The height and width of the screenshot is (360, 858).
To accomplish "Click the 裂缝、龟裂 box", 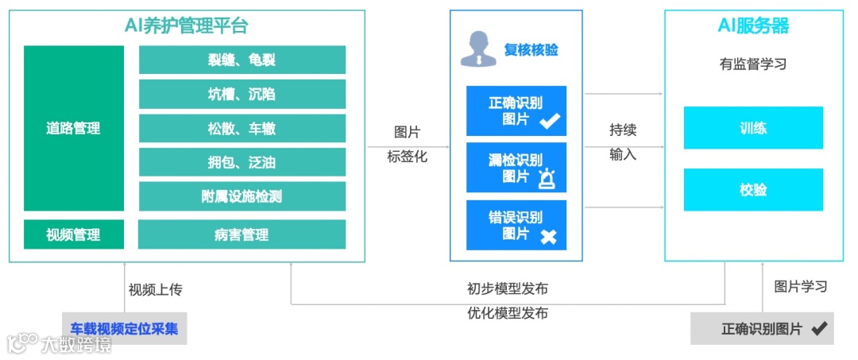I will click(x=242, y=60).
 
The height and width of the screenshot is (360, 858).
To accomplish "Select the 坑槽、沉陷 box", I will click(x=242, y=94).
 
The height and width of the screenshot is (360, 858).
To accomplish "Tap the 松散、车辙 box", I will click(x=242, y=128).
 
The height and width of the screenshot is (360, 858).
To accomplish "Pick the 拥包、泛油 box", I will click(x=242, y=162).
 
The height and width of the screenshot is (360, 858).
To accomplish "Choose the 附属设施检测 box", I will click(x=242, y=196).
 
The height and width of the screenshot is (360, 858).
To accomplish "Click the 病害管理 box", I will click(x=242, y=234).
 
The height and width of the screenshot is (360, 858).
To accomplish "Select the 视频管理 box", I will click(x=73, y=234).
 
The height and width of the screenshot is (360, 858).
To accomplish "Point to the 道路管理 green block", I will click(x=73, y=128).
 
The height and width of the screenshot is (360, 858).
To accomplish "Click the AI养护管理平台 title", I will click(x=187, y=26).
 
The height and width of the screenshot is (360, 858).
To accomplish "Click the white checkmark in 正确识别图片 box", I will click(x=550, y=121).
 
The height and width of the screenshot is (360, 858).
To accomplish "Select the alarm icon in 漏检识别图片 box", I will click(x=547, y=179).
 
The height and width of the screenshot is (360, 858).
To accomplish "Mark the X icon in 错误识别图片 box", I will click(x=548, y=236).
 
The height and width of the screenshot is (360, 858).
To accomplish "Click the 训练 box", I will click(x=752, y=127).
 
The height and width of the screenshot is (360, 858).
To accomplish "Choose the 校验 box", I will click(x=752, y=190).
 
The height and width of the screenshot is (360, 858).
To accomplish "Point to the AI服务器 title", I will click(x=753, y=26).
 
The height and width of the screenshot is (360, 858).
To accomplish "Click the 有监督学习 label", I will click(x=753, y=64).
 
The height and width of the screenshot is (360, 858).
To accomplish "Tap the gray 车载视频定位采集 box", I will click(x=124, y=328).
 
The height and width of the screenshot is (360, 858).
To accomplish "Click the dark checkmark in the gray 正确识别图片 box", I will click(x=818, y=328).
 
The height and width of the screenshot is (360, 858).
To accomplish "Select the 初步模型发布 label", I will click(x=508, y=288).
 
